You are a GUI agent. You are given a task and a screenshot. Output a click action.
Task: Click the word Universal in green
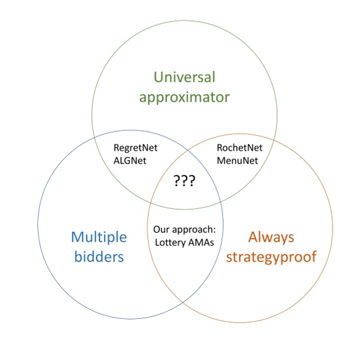(185, 76)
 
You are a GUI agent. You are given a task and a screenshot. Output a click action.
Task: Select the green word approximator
(185, 97)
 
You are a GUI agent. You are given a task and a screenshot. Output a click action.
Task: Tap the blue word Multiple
(98, 237)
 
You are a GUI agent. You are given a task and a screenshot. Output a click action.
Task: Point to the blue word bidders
(98, 256)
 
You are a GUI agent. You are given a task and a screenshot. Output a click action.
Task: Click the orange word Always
(271, 237)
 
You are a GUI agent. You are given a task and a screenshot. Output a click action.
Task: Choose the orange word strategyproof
(271, 257)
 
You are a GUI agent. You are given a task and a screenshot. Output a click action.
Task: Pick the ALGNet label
(129, 160)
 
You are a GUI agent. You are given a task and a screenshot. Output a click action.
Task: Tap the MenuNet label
(236, 160)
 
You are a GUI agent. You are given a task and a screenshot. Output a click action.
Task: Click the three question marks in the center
(184, 181)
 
